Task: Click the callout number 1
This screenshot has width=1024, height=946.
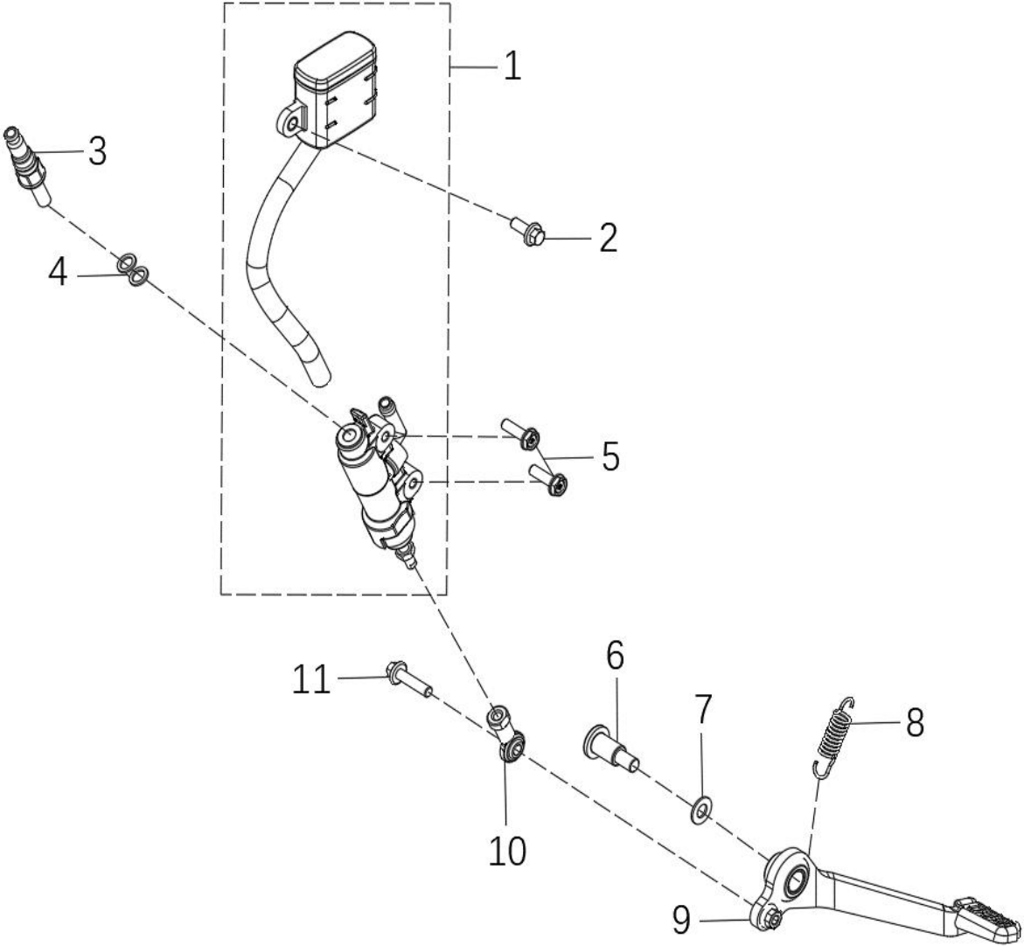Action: [512, 66]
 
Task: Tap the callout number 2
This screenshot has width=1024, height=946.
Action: [608, 239]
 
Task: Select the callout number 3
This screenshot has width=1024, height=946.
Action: [97, 151]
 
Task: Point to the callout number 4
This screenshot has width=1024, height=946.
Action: [58, 272]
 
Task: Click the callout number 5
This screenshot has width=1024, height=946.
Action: [610, 456]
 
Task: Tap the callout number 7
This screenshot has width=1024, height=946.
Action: [702, 710]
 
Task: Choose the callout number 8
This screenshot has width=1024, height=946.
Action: [915, 723]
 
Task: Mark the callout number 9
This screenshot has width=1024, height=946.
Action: [681, 921]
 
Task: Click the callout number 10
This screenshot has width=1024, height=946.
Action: [507, 852]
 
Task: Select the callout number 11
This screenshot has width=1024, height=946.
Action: [311, 679]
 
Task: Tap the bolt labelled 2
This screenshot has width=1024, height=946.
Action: [526, 232]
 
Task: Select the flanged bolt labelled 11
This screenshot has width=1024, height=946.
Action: [409, 679]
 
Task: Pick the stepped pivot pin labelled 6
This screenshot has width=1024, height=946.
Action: [610, 748]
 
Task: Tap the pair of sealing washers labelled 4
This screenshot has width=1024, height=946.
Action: [133, 269]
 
